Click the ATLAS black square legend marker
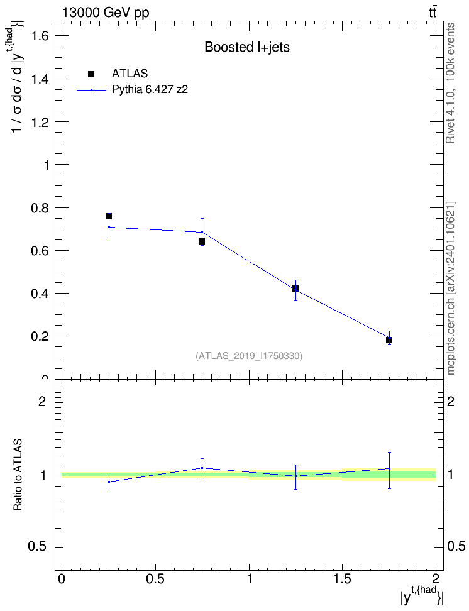point(91,74)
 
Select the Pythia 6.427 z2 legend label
point(150,90)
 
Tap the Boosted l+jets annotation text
point(247,47)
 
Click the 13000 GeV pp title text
point(106,13)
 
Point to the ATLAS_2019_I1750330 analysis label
point(249,355)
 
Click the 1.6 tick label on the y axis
point(40,36)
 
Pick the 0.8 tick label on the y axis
point(40,207)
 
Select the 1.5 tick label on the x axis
point(343,578)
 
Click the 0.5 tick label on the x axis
point(155,578)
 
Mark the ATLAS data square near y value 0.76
point(109,216)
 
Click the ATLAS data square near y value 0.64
point(202,241)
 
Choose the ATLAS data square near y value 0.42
point(295,289)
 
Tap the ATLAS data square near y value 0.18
point(389,340)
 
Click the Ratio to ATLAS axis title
point(18,475)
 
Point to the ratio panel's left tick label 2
point(42,401)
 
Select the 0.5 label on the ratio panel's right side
point(456,547)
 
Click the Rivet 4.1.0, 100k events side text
point(450,83)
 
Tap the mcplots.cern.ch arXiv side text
point(450,289)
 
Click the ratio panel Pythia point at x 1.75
point(389,469)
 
